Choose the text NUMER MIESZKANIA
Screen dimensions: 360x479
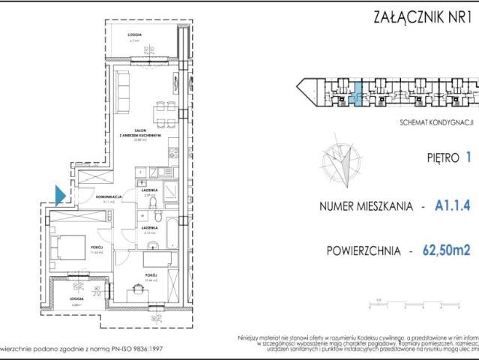tap(364, 205)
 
